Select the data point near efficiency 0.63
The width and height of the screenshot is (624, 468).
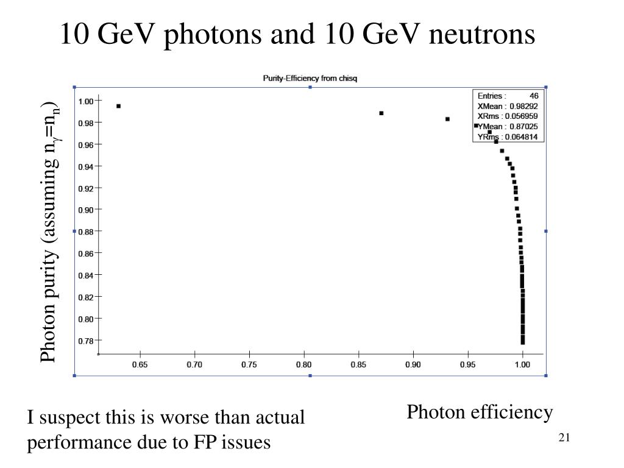point(118,106)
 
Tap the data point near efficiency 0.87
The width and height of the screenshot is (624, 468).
point(381,113)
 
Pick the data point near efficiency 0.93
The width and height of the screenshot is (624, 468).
point(447,119)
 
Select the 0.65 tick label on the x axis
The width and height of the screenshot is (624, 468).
point(140,364)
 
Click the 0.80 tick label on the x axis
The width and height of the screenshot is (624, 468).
point(303,364)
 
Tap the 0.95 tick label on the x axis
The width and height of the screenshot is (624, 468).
point(467,364)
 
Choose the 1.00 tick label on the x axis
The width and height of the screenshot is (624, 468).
point(522,364)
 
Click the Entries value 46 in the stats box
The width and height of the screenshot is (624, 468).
point(533,96)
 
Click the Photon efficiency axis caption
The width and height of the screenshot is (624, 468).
point(480,413)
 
